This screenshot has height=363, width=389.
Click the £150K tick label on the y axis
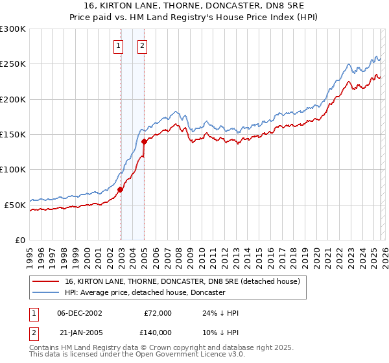[13, 135]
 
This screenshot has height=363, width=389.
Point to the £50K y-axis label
[15, 205]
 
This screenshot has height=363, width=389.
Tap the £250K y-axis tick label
[13, 64]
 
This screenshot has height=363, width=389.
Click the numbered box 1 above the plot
[119, 45]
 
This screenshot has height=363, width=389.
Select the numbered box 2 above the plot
[142, 45]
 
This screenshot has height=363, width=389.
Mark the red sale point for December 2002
[121, 189]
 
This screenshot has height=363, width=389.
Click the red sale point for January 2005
[144, 141]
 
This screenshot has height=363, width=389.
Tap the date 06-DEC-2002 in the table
[80, 313]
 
